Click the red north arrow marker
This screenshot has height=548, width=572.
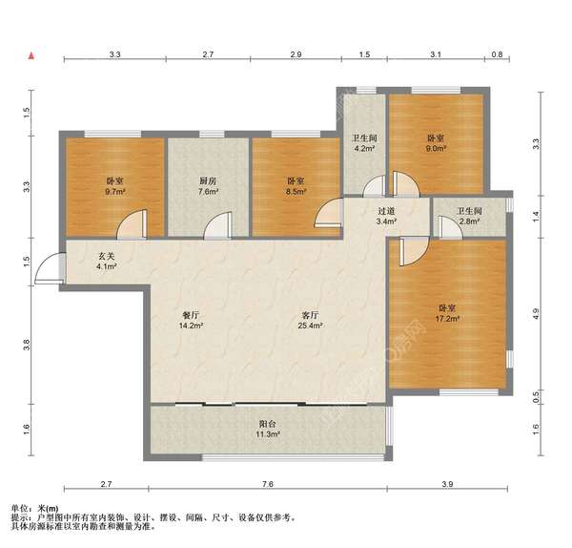tap(31, 55)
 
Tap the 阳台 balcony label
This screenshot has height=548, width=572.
tap(267, 424)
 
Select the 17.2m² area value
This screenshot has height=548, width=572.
tap(446, 319)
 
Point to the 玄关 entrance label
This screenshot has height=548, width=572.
tap(106, 257)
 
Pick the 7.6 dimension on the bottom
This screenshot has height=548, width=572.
tap(267, 484)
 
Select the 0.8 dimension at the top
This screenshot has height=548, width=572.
tap(497, 54)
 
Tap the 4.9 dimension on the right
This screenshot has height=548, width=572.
tap(535, 314)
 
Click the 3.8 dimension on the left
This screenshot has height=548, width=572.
tap(27, 346)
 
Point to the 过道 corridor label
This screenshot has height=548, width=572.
tap(386, 211)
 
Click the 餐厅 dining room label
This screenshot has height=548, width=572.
tap(191, 315)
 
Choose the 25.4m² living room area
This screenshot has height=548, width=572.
tap(311, 326)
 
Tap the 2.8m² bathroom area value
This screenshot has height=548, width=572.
tap(469, 221)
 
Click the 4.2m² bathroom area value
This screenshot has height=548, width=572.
tap(365, 148)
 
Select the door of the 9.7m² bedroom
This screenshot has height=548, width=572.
tap(133, 224)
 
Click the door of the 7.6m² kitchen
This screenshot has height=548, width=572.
tap(217, 225)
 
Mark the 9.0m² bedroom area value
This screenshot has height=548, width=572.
tap(437, 148)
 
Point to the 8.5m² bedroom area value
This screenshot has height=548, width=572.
tap(296, 191)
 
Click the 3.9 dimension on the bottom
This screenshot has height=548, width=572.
tap(447, 484)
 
